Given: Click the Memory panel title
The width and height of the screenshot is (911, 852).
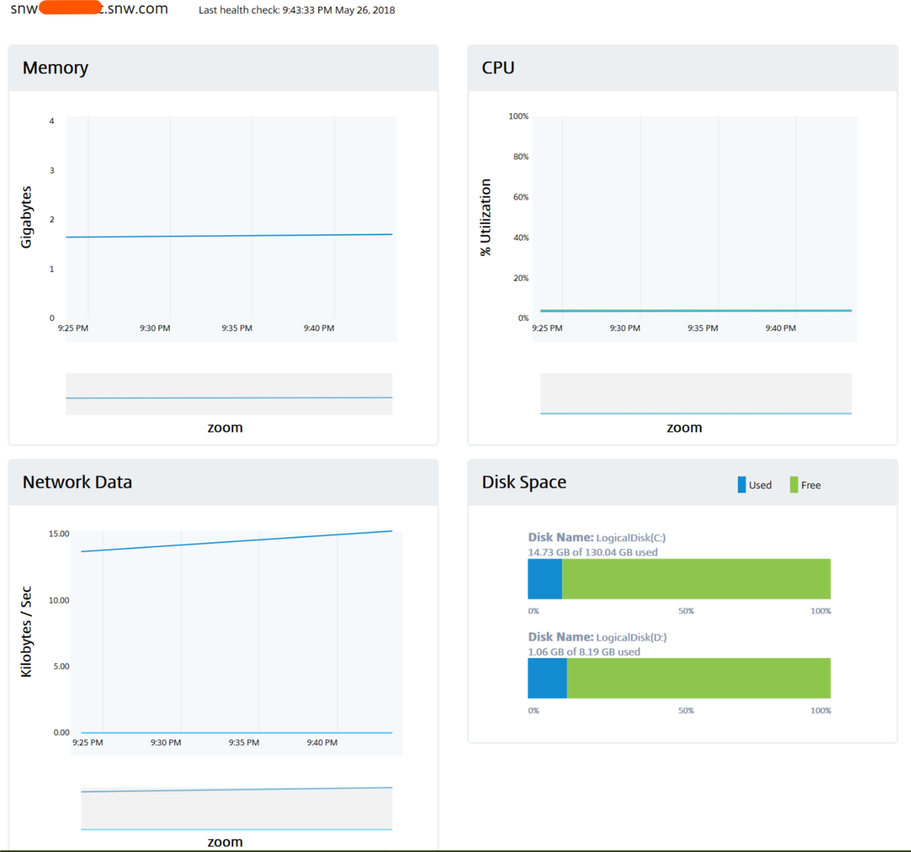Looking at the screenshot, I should tap(55, 68).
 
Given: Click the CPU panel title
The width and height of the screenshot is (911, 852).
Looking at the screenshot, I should tap(498, 68).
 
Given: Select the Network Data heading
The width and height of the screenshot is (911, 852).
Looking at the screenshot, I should tap(77, 483).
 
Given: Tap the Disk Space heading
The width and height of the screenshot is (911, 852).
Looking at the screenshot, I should tap(524, 483).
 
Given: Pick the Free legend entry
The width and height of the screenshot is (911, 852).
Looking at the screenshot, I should tap(806, 486).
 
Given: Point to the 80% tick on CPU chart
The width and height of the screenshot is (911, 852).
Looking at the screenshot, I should tap(521, 157).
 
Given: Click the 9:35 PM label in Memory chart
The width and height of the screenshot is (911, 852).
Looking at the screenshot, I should tap(237, 329).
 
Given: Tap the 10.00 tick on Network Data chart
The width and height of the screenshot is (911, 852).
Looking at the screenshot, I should tap(58, 600).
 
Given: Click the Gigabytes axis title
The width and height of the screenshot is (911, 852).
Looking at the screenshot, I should tap(27, 217).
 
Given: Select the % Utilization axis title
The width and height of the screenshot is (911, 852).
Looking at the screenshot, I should tap(486, 217).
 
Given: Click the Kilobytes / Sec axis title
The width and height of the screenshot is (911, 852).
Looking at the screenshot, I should tap(27, 631).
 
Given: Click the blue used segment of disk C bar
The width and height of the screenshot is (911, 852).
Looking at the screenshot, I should tap(544, 579).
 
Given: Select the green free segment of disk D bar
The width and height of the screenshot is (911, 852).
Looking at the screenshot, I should tap(698, 678).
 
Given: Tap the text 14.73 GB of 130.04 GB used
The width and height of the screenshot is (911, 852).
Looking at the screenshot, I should tap(593, 552).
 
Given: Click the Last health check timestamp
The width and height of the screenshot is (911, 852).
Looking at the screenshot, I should tap(297, 11).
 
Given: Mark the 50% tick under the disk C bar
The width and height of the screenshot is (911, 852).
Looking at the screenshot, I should tap(686, 611).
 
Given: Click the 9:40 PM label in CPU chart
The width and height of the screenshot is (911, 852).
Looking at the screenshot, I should tap(780, 329).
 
